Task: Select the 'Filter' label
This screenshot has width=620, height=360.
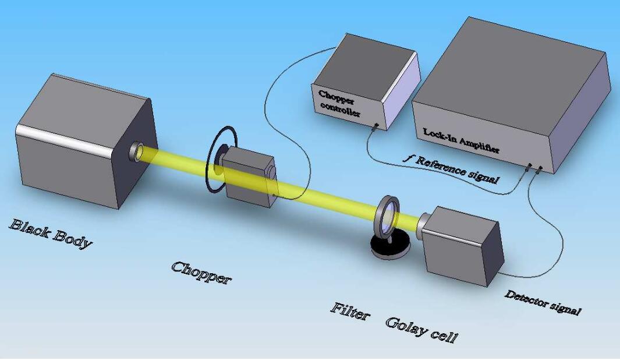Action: (350, 312)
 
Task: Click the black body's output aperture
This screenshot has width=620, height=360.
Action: (139, 151)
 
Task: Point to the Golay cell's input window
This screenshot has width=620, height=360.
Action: (424, 222)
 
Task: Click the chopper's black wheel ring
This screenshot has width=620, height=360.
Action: (221, 160)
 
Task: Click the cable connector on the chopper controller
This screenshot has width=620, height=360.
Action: (377, 125)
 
